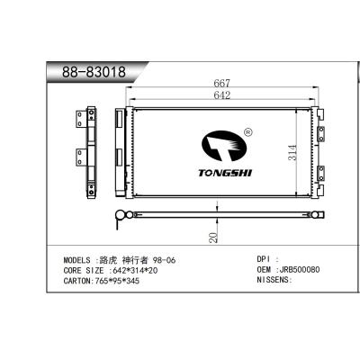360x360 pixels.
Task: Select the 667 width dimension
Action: tap(219, 83)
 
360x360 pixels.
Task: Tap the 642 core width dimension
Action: tap(218, 95)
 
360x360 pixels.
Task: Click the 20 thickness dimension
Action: tap(213, 236)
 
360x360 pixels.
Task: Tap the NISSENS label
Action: tap(275, 280)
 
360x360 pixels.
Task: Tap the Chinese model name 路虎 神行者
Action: tap(121, 259)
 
